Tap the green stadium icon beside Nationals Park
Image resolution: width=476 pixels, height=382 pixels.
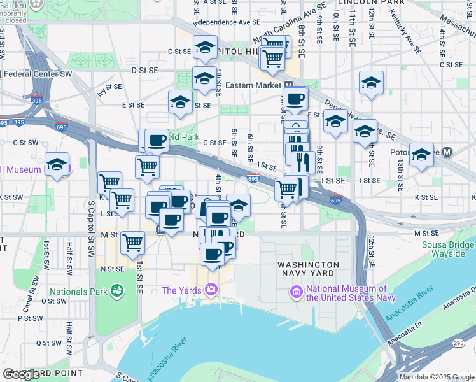pos(116,292)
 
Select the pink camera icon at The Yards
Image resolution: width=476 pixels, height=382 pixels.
pos(212,290)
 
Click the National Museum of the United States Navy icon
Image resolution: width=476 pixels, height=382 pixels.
pos(296,293)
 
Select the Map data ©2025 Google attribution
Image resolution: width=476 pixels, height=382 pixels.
pos(437,377)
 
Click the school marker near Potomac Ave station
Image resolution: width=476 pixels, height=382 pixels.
pos(421,154)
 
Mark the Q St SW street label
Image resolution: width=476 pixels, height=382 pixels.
pos(46,342)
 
